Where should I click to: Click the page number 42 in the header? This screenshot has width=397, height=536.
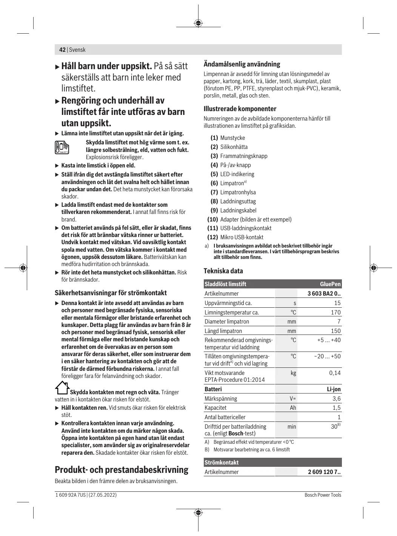[62, 50]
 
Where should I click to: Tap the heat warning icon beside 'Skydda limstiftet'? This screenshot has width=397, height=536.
[62, 147]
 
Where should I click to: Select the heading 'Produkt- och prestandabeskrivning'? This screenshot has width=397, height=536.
[122, 470]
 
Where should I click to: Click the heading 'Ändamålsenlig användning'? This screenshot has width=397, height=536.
[242, 64]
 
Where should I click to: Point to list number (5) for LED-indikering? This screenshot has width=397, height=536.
[214, 174]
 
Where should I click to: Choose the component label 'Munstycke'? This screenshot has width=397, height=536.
[232, 138]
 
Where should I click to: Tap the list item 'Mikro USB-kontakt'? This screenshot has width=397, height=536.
[242, 237]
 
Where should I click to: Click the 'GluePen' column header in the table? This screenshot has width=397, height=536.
[330, 284]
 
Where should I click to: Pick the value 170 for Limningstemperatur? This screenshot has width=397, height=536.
[335, 312]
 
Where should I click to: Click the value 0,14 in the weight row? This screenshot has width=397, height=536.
[335, 373]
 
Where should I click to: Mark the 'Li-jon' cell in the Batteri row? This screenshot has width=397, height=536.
[334, 389]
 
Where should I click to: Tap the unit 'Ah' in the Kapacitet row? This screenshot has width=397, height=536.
[293, 408]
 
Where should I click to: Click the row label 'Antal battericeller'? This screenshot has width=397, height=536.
[225, 417]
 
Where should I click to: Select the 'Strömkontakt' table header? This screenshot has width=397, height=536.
[222, 463]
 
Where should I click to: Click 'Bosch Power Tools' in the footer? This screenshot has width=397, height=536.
[323, 495]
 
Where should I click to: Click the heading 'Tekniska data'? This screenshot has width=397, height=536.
[223, 271]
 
